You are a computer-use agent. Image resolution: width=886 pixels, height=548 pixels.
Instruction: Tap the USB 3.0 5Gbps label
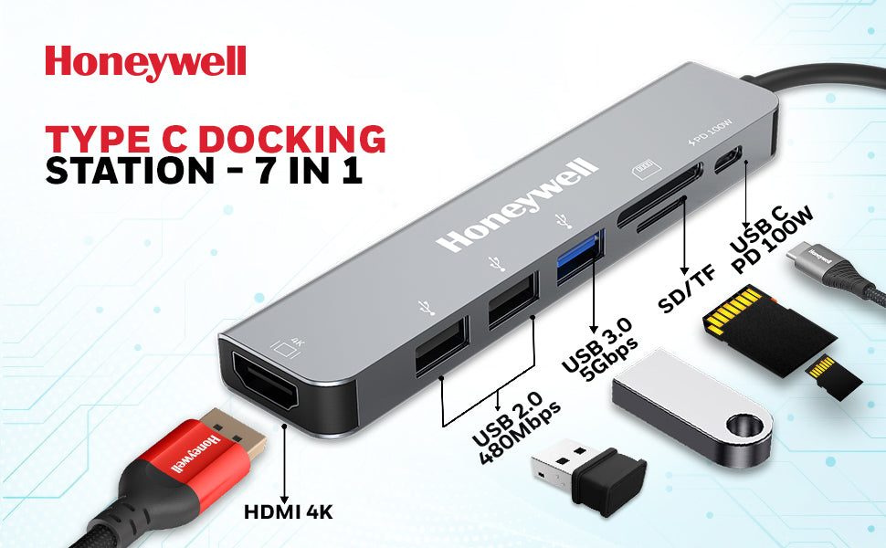[x=598, y=353]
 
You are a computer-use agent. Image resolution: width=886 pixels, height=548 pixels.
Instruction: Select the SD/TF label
[x=687, y=287]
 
